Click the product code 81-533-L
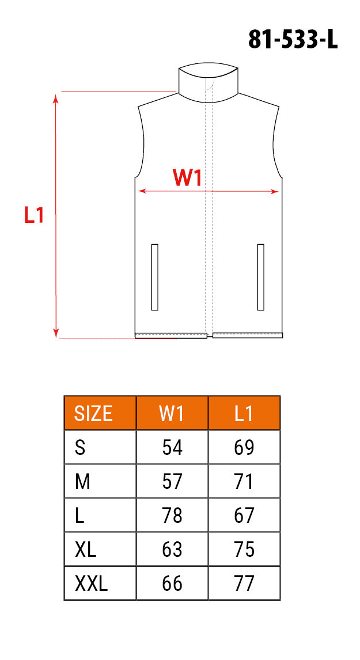293,40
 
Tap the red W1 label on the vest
187,178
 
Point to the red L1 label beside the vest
34,215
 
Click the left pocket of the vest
154,278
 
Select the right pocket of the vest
260,278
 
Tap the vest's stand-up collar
208,83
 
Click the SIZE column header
93,414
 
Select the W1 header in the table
172,414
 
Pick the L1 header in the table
244,414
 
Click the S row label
80,447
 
